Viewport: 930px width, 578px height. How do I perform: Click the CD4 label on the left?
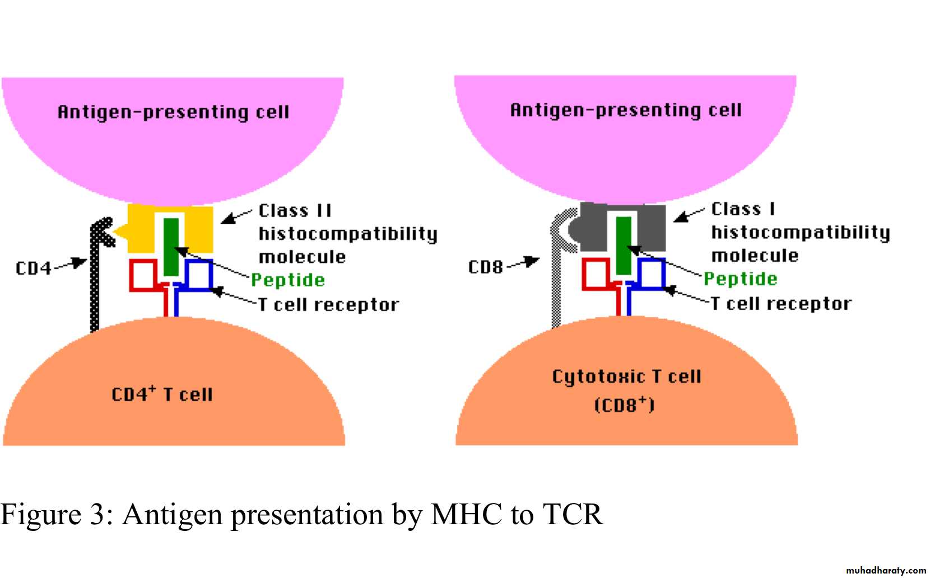click(33, 268)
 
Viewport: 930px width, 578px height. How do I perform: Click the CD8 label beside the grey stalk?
click(485, 267)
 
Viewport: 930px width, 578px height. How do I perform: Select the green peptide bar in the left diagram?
click(171, 246)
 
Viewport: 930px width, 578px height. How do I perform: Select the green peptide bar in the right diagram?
click(623, 245)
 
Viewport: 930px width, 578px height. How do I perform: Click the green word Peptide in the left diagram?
click(288, 279)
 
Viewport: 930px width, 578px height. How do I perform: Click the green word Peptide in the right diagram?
click(740, 278)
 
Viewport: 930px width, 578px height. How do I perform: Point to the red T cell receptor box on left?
click(143, 275)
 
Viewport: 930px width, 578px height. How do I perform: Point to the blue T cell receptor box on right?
click(652, 274)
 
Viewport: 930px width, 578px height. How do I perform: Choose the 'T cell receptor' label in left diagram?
click(328, 305)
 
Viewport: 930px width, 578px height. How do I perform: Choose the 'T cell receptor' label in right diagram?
click(781, 304)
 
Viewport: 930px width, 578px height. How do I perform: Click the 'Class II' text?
click(295, 211)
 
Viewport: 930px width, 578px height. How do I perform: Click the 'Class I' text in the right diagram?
click(743, 209)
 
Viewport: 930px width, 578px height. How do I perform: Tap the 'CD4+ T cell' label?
click(162, 394)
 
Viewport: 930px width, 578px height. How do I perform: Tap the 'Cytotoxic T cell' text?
click(626, 376)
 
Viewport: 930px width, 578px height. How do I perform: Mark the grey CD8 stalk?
click(556, 280)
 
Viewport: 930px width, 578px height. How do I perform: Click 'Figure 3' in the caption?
click(53, 514)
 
